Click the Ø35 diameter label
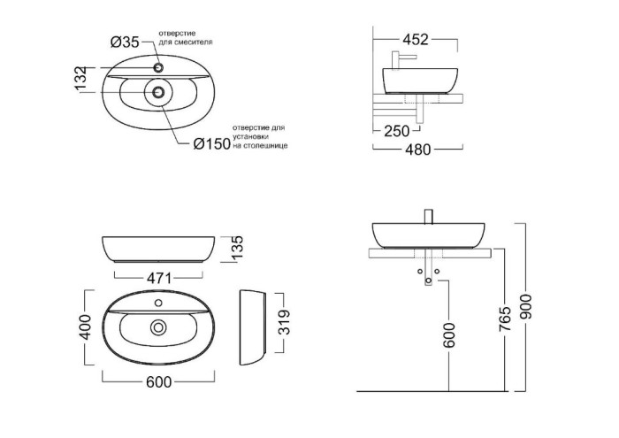tap(126, 42)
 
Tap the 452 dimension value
tap(415, 39)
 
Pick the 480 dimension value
tap(416, 150)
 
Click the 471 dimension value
tap(157, 279)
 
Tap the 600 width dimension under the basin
tap(157, 381)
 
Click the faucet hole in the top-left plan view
tap(158, 67)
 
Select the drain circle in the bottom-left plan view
tap(158, 327)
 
